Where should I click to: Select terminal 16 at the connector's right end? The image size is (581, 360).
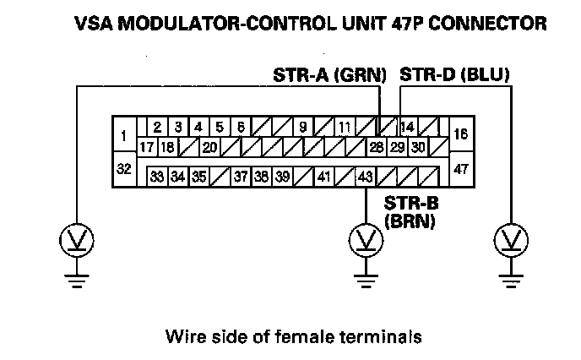click(462, 134)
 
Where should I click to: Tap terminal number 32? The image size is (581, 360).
click(123, 168)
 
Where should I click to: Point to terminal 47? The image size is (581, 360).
click(462, 168)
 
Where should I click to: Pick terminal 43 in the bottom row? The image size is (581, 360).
click(365, 177)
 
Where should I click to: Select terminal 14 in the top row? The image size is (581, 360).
click(407, 128)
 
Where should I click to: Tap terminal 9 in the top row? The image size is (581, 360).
click(302, 128)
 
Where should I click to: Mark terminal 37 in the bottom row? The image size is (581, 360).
click(241, 177)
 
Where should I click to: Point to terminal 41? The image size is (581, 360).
click(323, 177)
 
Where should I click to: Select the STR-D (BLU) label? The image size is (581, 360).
click(454, 76)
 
